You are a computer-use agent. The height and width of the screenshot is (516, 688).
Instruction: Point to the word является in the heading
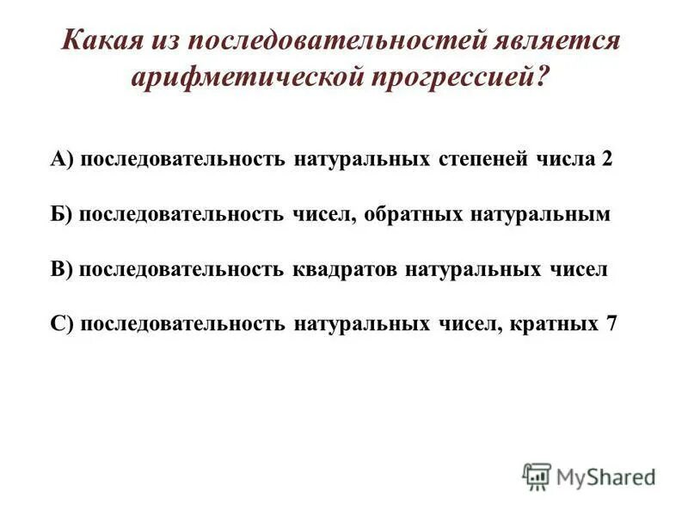tap(558, 41)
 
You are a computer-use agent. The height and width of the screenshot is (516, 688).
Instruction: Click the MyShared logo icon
tap(537, 476)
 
